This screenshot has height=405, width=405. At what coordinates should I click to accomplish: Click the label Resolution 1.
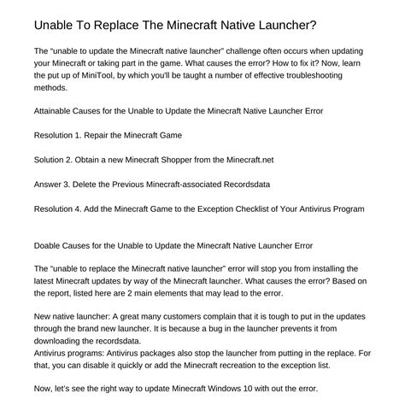(63, 135)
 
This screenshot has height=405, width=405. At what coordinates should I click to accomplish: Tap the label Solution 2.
(58, 160)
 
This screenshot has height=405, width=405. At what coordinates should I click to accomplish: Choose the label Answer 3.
(56, 185)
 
